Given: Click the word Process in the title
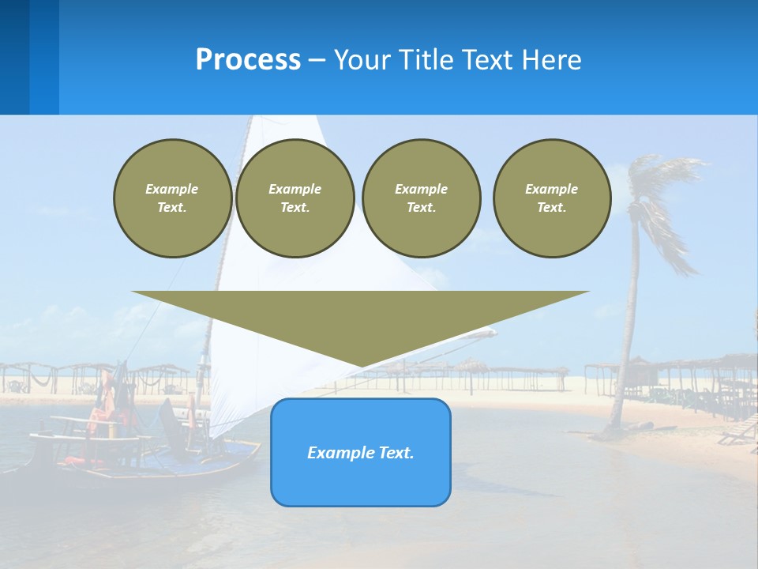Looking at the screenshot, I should click(248, 60).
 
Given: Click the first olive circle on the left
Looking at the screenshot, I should click(172, 198).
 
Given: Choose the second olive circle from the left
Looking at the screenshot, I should click(295, 198).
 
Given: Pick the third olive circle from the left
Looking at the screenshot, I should click(421, 198).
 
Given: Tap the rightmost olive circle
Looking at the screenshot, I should click(552, 198).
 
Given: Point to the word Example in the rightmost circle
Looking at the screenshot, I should click(551, 189).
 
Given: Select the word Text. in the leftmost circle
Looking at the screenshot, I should click(172, 208).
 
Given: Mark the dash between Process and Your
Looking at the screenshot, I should click(317, 60).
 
